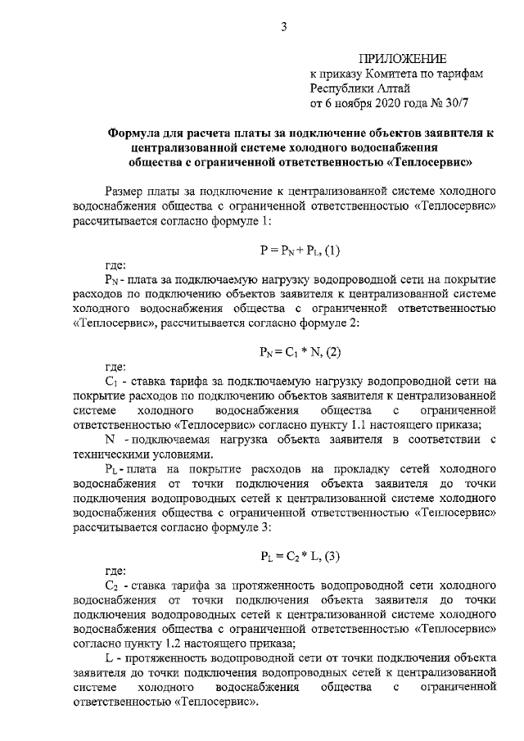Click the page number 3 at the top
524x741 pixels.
pyautogui.click(x=284, y=27)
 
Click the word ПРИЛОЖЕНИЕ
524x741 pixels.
pyautogui.click(x=402, y=58)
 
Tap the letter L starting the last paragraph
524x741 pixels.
pyautogui.click(x=110, y=658)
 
